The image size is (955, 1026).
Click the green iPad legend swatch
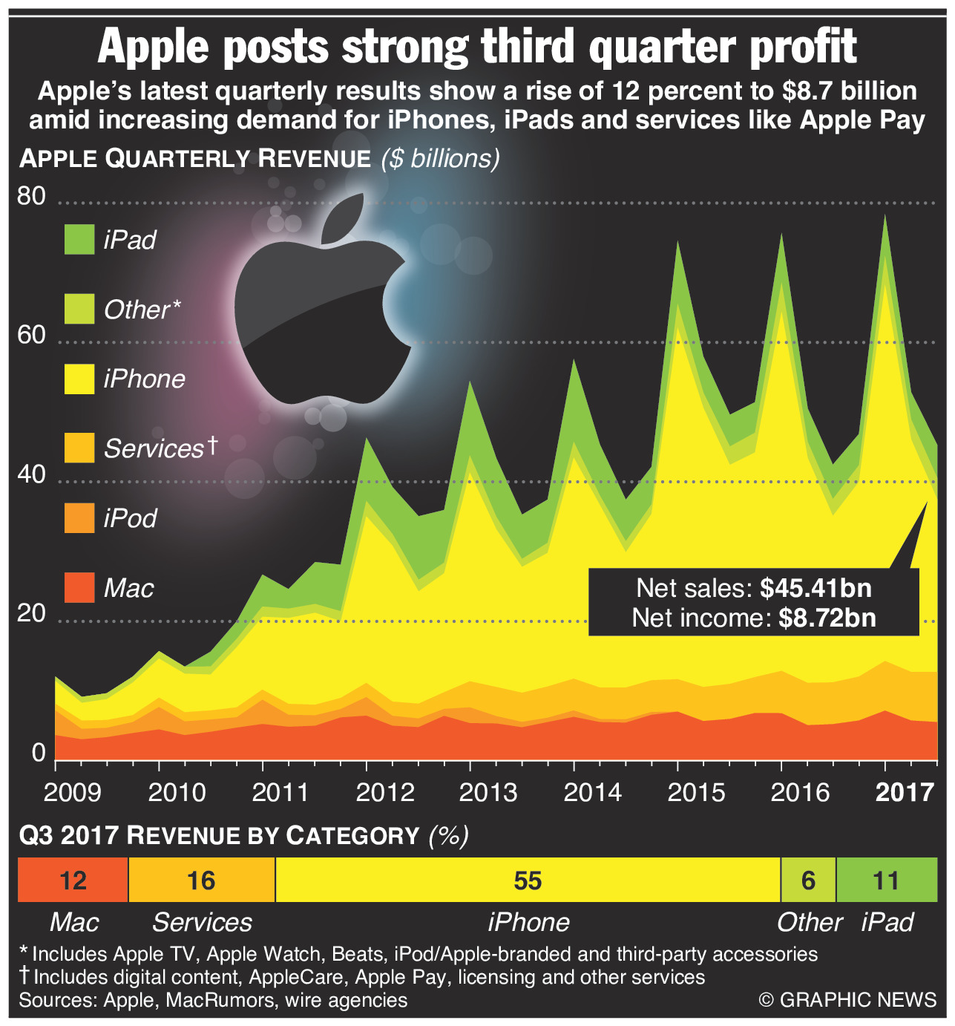coord(79,240)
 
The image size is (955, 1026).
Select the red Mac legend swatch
coord(79,587)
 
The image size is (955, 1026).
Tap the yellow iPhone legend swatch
coord(79,379)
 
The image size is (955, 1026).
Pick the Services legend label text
coord(154,448)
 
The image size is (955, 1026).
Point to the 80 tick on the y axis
coord(30,197)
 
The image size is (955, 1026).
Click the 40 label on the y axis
coord(30,474)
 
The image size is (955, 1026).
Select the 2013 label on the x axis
coord(488,792)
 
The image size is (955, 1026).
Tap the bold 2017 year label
coord(904,792)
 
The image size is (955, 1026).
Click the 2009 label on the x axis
coord(73,792)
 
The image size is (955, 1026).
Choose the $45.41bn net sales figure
coord(815,589)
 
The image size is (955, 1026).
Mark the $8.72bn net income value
coord(827,618)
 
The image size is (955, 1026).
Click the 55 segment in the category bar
coord(528,880)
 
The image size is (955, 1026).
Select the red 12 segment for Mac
coord(73,880)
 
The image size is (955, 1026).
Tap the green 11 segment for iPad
coord(886,880)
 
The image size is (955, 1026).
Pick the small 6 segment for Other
coord(808,880)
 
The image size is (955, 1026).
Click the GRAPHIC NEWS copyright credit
coord(847,1000)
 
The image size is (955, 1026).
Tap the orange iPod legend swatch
coord(79,517)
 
